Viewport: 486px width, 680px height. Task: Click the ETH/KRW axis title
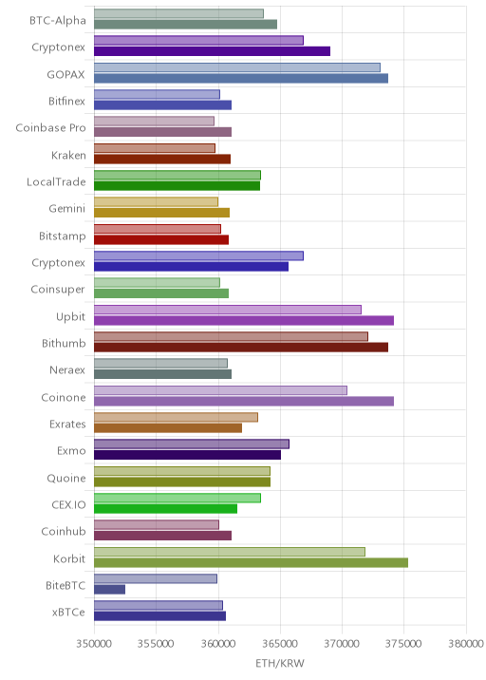[x=280, y=664]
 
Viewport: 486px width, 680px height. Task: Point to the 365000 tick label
[x=280, y=643]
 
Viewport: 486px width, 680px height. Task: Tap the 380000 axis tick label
[x=466, y=643]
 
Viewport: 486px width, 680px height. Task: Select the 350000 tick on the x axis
[x=94, y=643]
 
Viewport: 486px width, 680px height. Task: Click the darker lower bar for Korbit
[x=251, y=562]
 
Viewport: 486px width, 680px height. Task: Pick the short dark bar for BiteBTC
[x=110, y=590]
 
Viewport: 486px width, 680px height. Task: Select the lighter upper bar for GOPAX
[x=237, y=67]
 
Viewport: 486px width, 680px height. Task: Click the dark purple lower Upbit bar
[x=244, y=320]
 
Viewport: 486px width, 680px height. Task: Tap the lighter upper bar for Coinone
[x=220, y=390]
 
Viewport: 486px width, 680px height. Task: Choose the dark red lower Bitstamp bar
[x=161, y=240]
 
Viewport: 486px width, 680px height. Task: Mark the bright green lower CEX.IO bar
[x=165, y=509]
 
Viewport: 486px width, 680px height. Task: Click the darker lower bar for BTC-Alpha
[x=185, y=25]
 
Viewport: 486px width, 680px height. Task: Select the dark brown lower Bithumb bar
[x=241, y=348]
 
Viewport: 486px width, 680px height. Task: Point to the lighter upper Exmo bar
[x=192, y=444]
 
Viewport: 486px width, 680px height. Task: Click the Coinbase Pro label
[x=50, y=128]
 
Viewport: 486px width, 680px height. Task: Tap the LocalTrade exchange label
[x=56, y=181]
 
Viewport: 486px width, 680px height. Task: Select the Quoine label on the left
[x=66, y=478]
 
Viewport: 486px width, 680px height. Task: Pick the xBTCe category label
[x=68, y=612]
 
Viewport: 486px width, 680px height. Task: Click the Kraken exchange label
[x=68, y=155]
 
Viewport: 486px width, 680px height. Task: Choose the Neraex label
[x=67, y=370]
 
